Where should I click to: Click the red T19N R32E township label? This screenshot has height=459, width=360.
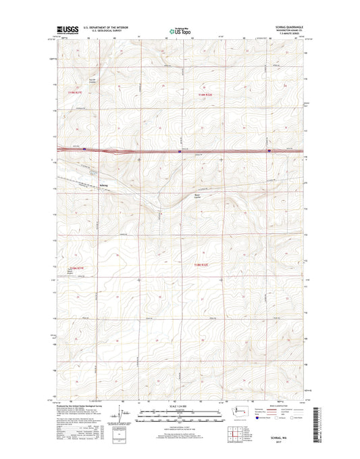[x=205, y=95]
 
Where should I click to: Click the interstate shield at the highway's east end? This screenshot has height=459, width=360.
[x=269, y=151]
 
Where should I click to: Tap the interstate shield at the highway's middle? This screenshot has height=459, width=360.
[x=179, y=151]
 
